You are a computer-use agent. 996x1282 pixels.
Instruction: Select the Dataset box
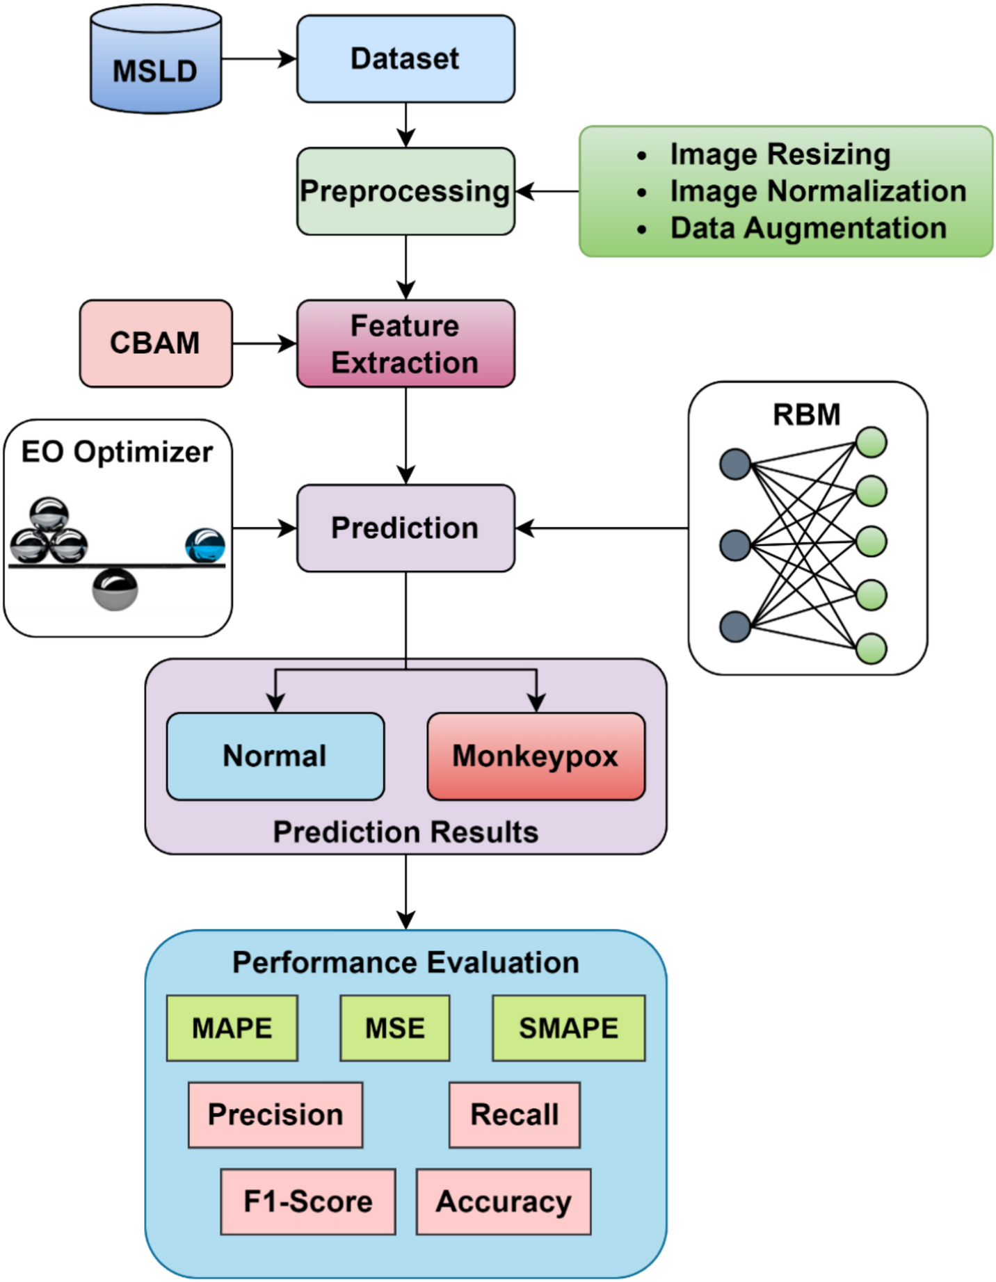point(405,59)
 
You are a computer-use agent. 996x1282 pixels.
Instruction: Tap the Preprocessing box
point(405,191)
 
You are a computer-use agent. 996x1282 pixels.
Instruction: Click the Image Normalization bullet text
point(817,191)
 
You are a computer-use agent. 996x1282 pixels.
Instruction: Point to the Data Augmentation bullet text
point(808,228)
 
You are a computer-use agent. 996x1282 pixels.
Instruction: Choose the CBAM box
point(156,343)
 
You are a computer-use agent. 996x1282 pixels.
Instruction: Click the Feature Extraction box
point(405,343)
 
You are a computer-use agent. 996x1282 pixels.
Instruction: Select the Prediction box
point(405,528)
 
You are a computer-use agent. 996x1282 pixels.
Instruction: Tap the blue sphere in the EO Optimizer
point(205,545)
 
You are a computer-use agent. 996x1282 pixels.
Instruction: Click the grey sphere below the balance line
point(115,589)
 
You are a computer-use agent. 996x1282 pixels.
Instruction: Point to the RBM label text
point(807,414)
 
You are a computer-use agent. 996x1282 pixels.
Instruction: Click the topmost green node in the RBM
point(871,442)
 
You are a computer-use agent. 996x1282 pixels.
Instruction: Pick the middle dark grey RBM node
point(735,544)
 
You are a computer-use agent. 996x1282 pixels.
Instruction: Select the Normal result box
point(275,756)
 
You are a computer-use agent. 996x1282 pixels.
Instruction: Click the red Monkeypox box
point(536,756)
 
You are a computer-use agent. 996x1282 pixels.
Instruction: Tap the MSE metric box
point(394,1028)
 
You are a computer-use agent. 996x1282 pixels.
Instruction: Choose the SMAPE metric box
point(568,1028)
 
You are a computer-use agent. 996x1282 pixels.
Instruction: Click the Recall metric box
point(514,1114)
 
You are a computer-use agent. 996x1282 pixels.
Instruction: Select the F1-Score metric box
point(308,1201)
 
